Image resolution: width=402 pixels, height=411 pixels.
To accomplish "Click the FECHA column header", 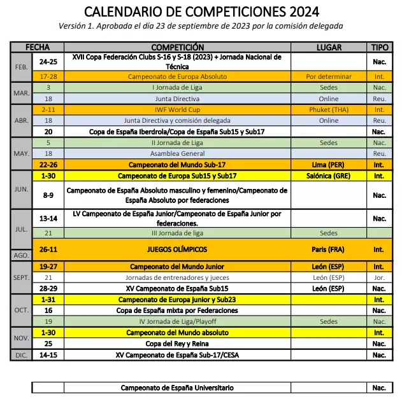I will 38,47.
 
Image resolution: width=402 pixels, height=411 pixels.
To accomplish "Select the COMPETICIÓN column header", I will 178,47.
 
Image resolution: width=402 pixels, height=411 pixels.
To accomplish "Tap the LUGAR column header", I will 329,47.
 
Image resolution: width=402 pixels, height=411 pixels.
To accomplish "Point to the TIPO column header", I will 379,47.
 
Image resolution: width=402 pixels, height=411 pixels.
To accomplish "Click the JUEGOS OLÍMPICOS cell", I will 178,249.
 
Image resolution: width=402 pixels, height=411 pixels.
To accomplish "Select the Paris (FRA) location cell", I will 329,249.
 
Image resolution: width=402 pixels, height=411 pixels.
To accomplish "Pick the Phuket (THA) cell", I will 329,109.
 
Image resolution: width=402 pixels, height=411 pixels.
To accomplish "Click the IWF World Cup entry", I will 178,109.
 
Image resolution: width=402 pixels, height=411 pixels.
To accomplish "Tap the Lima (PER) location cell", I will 329,164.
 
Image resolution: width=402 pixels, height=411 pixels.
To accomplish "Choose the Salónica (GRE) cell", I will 329,175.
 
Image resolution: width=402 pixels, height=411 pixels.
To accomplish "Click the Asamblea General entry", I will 178,153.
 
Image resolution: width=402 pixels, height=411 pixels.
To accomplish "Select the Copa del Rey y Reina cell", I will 178,344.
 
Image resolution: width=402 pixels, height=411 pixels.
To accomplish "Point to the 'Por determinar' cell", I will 329,76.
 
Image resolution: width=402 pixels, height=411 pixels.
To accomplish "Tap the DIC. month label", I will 21,355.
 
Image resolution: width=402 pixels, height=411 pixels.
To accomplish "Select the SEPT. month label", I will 21,277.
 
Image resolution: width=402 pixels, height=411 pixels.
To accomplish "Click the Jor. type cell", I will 379,277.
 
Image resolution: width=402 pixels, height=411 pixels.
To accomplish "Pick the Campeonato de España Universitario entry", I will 178,387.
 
